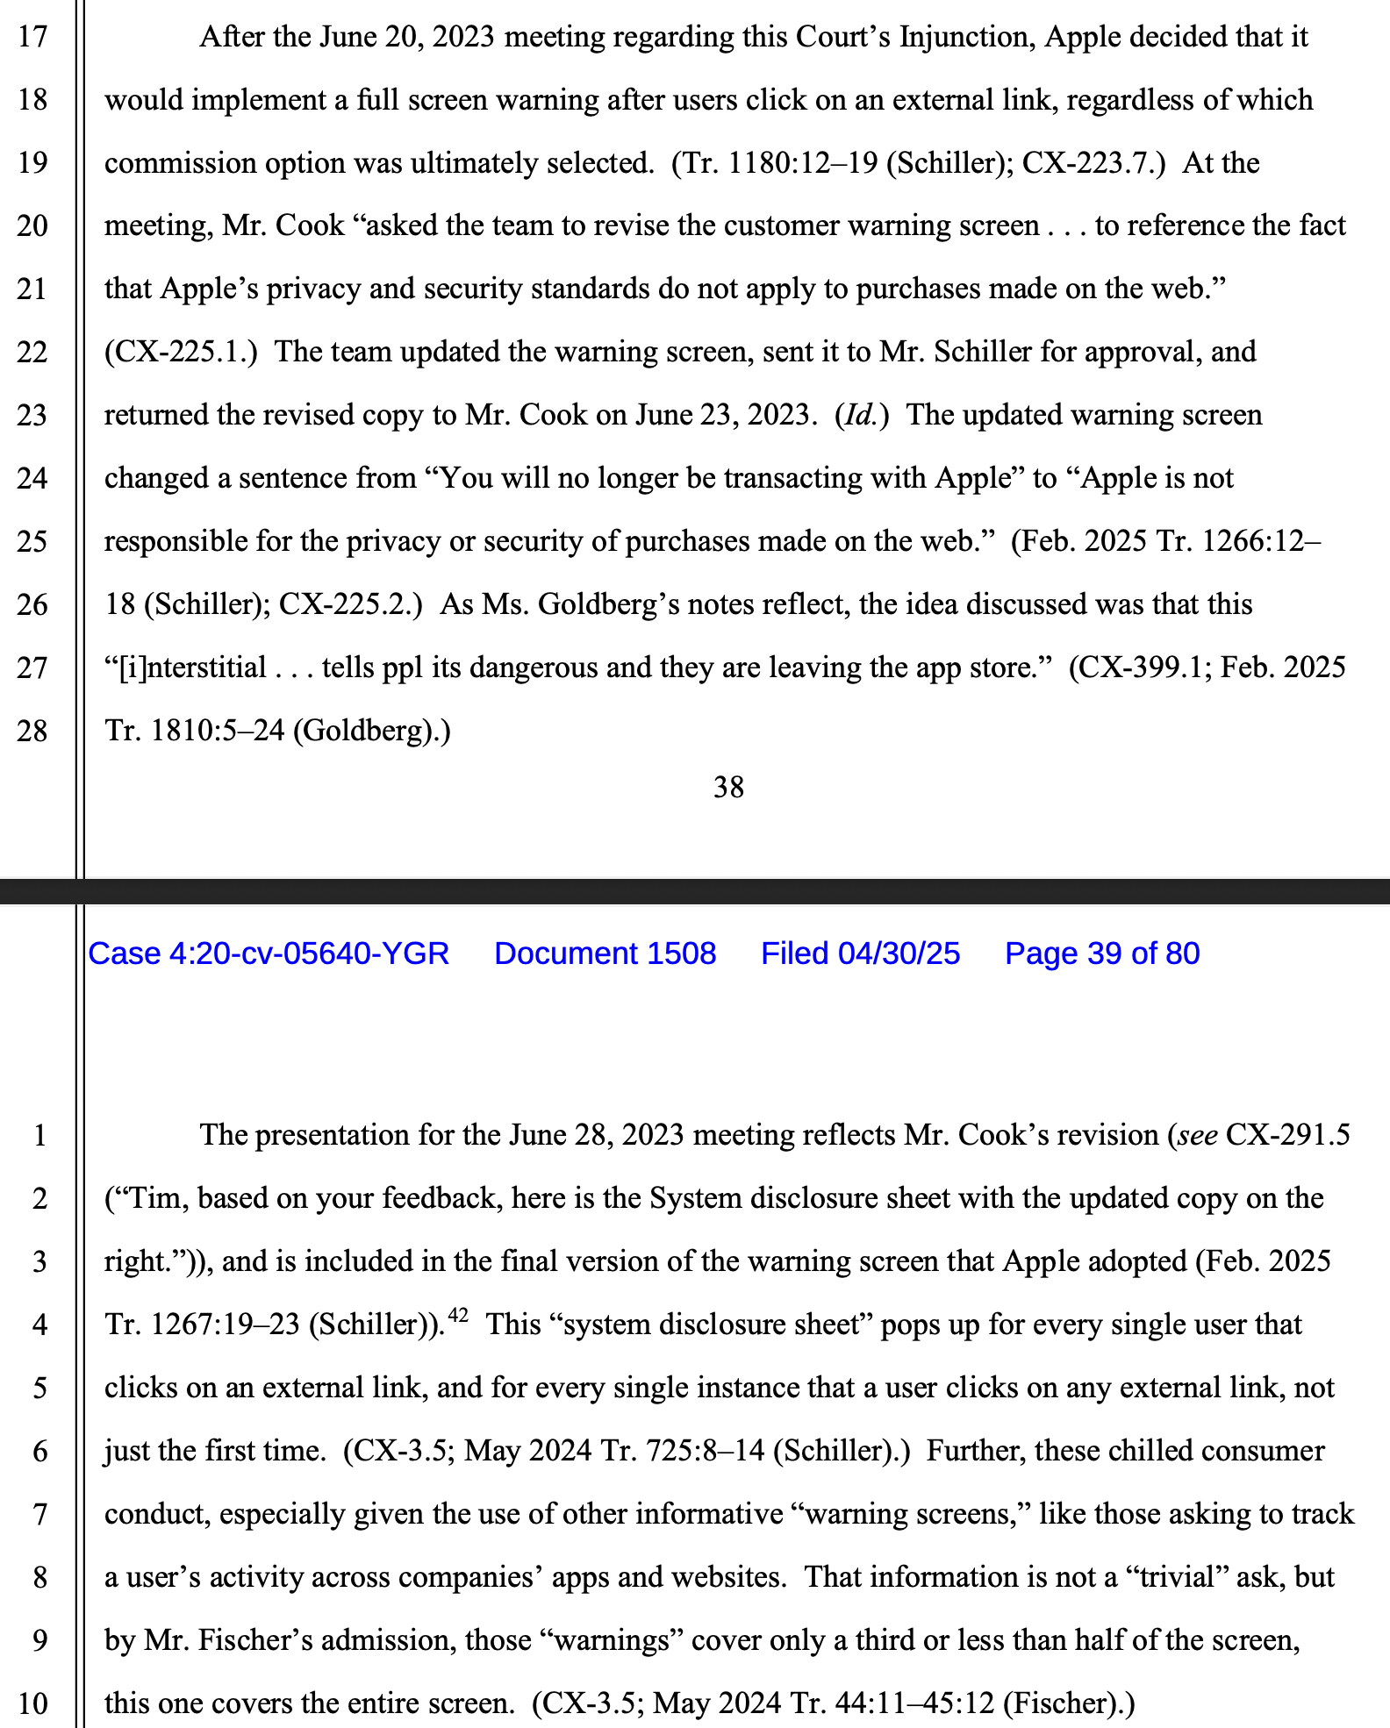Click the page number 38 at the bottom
coord(728,788)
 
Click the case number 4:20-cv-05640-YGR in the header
coord(269,953)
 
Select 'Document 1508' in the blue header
coord(605,953)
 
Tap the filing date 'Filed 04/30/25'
coord(860,953)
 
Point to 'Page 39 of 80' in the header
coord(1101,953)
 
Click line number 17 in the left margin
coord(32,38)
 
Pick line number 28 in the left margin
coord(32,731)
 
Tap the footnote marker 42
coord(458,1315)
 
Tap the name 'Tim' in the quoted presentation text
coord(154,1199)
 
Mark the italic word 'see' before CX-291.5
coord(1197,1136)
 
